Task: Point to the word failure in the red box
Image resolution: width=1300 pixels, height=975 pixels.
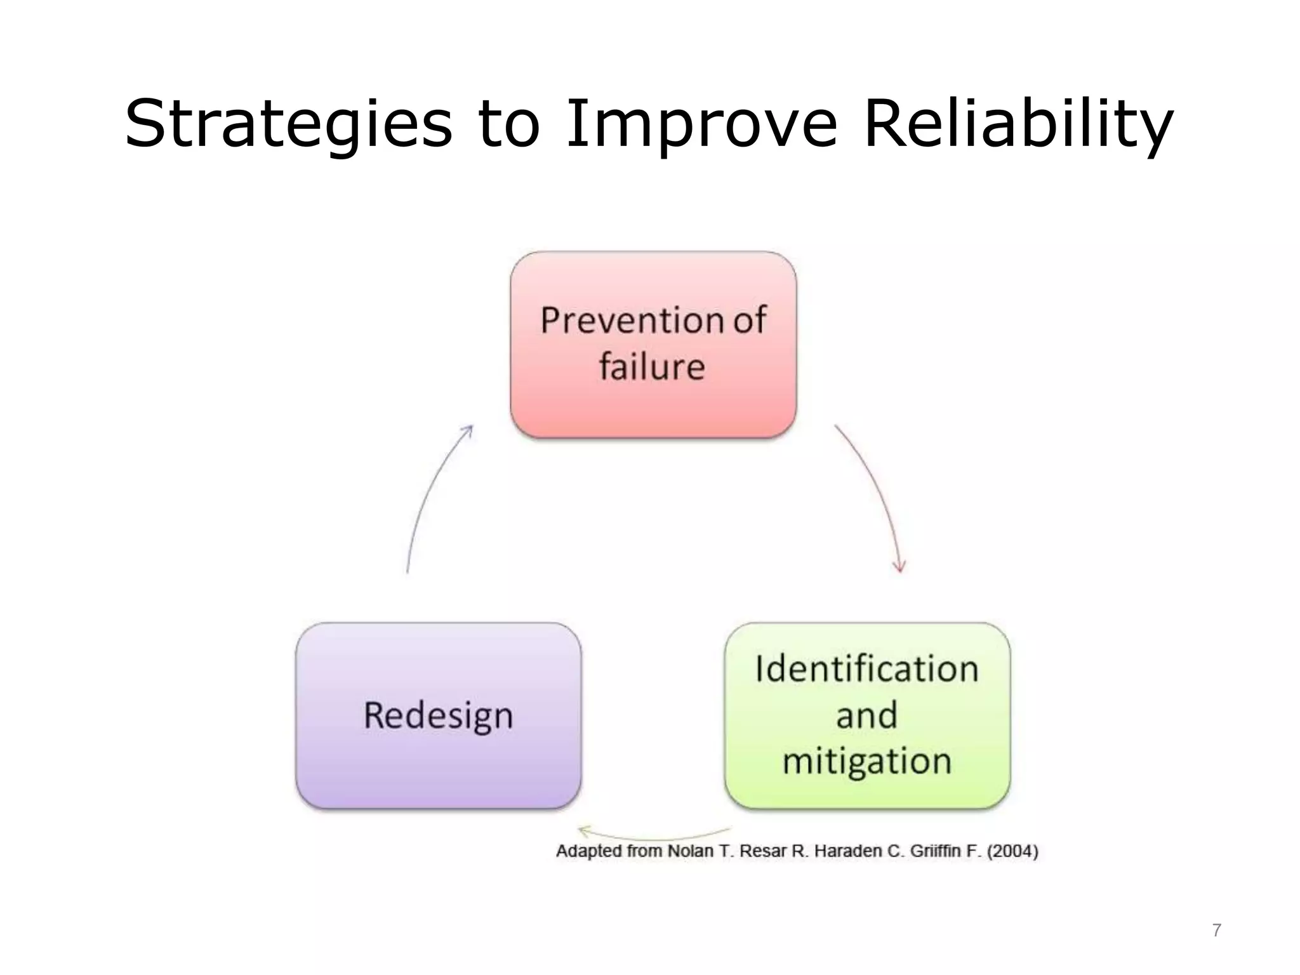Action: coord(652,367)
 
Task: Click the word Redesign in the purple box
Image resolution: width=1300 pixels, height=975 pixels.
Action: coord(438,715)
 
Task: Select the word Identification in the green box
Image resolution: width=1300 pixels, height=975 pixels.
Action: coord(867,669)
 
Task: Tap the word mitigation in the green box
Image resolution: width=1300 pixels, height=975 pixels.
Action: coord(867,760)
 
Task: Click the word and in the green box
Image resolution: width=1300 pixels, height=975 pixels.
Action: coord(867,715)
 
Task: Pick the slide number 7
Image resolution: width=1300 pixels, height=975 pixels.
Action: coord(1216,930)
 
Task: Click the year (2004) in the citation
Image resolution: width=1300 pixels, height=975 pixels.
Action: coord(1012,851)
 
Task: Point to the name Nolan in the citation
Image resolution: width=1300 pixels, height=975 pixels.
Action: coord(691,851)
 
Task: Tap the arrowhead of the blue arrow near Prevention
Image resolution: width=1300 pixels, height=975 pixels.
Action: coord(468,430)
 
